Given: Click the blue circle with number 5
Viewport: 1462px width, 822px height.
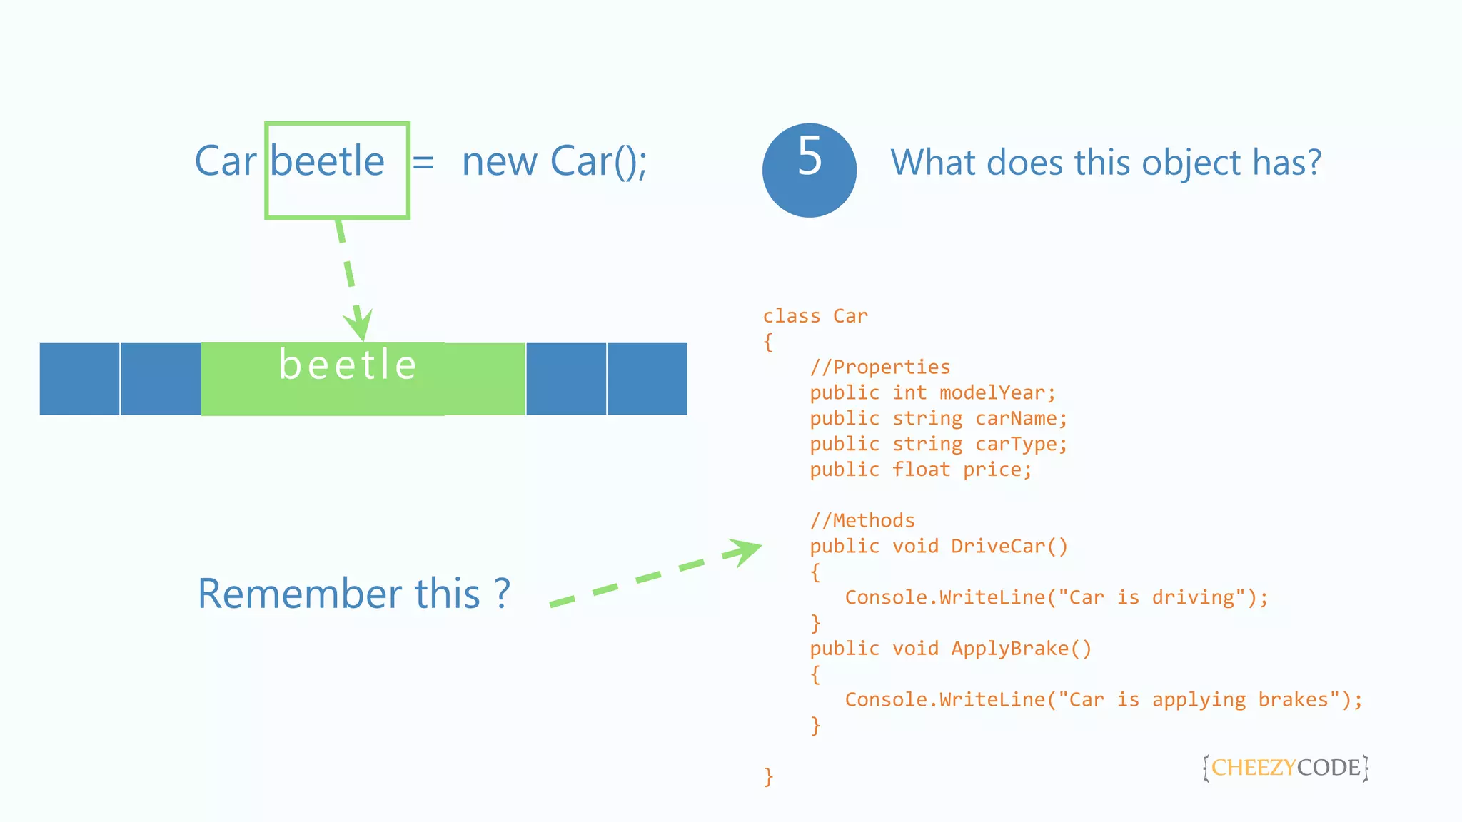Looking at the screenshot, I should coord(809,170).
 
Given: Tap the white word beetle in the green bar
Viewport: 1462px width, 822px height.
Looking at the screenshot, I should coord(348,365).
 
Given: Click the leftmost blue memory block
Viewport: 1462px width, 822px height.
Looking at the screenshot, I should coord(79,379).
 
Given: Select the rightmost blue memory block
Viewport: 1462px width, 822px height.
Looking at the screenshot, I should coord(647,379).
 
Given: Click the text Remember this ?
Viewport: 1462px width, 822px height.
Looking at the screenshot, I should coord(353,594).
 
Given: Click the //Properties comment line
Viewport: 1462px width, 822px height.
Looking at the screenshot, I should coord(879,367).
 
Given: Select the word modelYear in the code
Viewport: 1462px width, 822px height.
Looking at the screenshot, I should coord(997,393).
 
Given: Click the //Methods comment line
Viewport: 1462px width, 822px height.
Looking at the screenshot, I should coord(862,521).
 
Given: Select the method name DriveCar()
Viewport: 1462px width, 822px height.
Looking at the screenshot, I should coord(1009,547).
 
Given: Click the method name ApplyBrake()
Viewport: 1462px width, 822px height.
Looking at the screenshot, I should coord(1021,649).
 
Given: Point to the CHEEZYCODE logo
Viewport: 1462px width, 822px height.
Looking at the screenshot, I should coord(1285,768).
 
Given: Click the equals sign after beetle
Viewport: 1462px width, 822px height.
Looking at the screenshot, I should coord(423,163).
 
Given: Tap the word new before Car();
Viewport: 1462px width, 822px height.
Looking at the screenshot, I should coord(499,163).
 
